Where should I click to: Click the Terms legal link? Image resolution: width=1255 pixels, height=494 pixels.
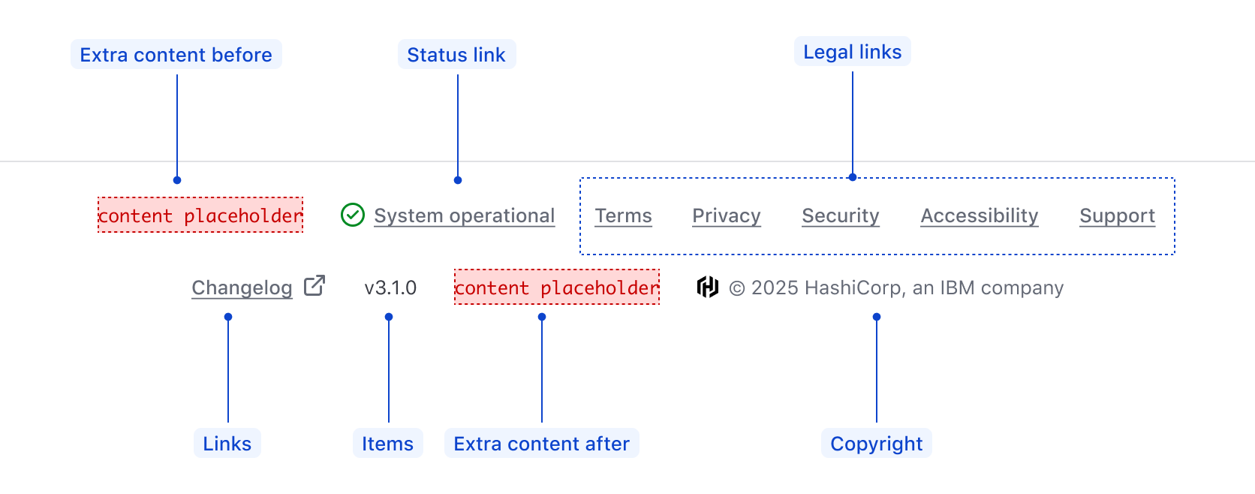623,215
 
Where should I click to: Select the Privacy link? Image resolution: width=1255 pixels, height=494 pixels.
726,215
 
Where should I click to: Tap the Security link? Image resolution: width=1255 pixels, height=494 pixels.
840,215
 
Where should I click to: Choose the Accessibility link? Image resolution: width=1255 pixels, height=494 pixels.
979,215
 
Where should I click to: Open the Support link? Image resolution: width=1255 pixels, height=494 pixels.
1117,215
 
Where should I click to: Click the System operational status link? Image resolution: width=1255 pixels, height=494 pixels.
464,215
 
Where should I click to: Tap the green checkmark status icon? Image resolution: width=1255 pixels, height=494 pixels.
353,215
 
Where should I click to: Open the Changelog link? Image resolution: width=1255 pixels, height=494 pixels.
242,288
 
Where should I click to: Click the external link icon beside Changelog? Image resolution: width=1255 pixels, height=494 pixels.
315,285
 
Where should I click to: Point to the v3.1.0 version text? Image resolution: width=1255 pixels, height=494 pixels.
390,288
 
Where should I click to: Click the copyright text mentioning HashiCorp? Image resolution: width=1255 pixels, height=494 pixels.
896,288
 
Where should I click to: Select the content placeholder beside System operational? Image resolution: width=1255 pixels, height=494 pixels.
200,215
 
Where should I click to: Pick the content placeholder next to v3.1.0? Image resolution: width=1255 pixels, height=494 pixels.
556,287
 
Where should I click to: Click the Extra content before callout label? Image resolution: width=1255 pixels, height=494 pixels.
176,54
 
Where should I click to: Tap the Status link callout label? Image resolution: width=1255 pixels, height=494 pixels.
456,54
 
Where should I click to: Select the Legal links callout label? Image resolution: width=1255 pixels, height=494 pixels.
852,51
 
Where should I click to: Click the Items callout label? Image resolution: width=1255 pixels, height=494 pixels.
387,443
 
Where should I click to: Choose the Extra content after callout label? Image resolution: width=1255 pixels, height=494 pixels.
541,443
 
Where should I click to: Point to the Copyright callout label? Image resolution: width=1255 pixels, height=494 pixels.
876,443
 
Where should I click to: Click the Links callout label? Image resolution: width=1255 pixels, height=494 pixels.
227,443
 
